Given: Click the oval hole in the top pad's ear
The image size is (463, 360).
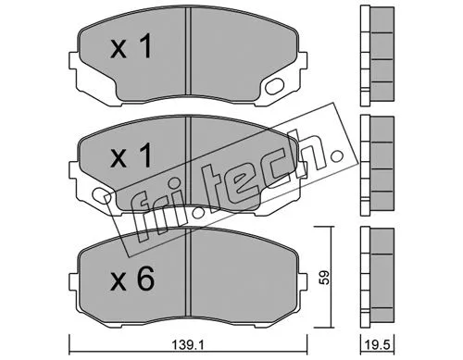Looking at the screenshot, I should [x=275, y=89].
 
